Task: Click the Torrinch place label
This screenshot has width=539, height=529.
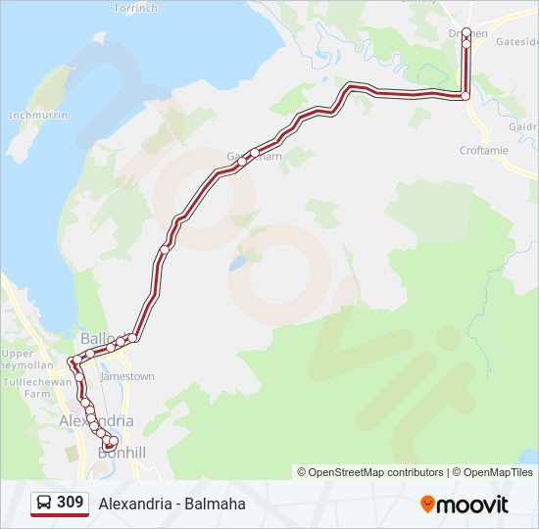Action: pyautogui.click(x=134, y=9)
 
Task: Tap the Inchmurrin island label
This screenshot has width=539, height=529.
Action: pyautogui.click(x=37, y=115)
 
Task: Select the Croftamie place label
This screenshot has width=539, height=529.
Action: pyautogui.click(x=485, y=151)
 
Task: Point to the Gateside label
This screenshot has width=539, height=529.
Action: pyautogui.click(x=517, y=42)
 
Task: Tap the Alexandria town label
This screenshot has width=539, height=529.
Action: pyautogui.click(x=96, y=420)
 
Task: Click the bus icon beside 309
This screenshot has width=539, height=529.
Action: pyautogui.click(x=44, y=503)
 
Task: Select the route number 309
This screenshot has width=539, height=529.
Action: pyautogui.click(x=70, y=503)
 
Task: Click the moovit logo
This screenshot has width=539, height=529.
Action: pyautogui.click(x=465, y=504)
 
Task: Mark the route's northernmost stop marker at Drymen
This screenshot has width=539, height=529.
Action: pyautogui.click(x=466, y=32)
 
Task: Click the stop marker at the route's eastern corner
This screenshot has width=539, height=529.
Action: pyautogui.click(x=465, y=96)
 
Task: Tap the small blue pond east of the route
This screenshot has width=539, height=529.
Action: pyautogui.click(x=237, y=264)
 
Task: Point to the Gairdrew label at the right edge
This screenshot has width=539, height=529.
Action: pyautogui.click(x=523, y=126)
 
